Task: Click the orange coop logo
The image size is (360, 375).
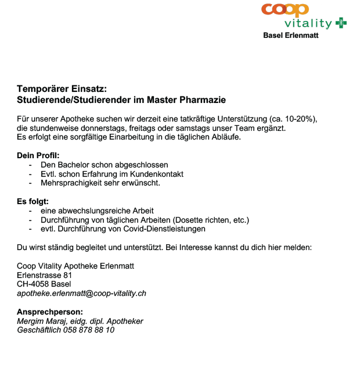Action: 285,10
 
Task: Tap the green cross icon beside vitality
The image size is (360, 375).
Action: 341,23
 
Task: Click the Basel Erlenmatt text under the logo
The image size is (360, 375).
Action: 291,35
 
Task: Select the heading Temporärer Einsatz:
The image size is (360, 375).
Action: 62,89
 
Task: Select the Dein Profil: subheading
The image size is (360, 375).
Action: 38,156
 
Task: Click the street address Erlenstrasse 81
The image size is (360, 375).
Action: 44,275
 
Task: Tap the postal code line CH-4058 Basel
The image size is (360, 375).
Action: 44,284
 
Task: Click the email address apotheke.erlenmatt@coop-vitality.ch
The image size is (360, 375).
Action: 81,293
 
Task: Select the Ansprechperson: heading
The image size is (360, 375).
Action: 50,312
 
